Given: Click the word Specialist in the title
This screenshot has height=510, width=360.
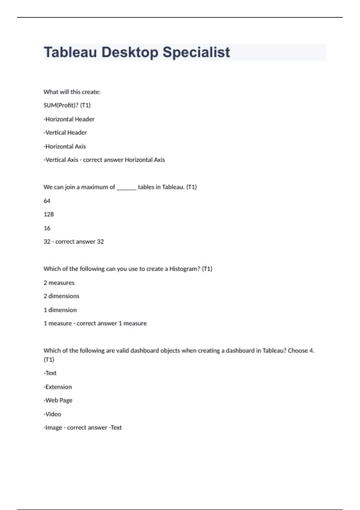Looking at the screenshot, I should tap(196, 52).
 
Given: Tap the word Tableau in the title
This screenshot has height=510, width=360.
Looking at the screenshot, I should tap(70, 52).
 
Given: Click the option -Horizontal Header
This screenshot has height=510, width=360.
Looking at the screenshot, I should tap(69, 119).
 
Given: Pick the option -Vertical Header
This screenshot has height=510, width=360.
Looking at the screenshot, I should tap(65, 133).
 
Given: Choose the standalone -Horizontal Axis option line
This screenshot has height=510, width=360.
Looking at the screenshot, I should tap(64, 146).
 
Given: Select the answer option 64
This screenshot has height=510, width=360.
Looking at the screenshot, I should tap(47, 201).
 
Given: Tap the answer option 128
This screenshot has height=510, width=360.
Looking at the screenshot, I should tap(49, 214).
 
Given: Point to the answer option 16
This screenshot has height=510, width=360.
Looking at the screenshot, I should tap(47, 228).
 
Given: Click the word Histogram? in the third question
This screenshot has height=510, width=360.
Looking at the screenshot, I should tap(184, 269).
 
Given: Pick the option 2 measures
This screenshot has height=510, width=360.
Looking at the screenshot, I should tap(59, 283).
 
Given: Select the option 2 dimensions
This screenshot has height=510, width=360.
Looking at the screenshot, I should tap(61, 296).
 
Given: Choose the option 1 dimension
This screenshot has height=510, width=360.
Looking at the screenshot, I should tap(60, 310).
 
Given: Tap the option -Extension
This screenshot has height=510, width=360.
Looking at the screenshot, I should tap(58, 387).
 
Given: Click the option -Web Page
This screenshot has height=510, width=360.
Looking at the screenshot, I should tap(58, 400).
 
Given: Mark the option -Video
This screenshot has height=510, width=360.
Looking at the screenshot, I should tap(52, 414).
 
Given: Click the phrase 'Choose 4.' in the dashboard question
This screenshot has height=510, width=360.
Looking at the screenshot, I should tap(301, 351).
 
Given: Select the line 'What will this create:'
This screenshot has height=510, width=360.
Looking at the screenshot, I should tap(72, 92).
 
